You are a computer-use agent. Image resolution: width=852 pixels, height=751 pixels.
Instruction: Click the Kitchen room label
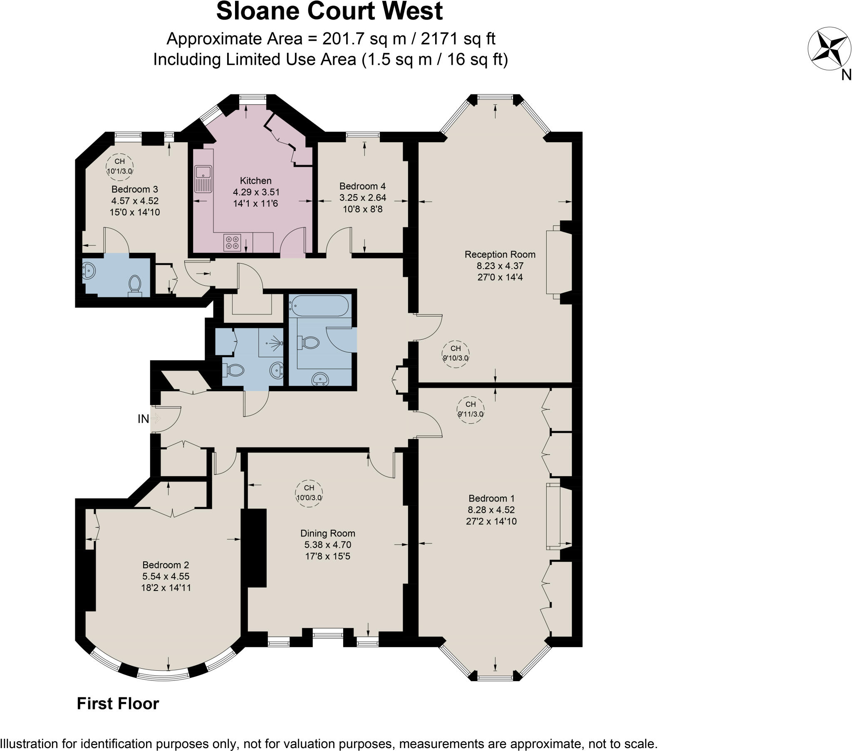[255, 181]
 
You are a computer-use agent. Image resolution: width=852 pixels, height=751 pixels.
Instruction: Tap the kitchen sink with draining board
[203, 179]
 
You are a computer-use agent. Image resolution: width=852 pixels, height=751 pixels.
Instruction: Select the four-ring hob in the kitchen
[232, 243]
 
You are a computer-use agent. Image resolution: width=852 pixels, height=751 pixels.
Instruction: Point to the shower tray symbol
[271, 343]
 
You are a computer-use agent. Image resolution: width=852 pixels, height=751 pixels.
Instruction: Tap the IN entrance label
[143, 419]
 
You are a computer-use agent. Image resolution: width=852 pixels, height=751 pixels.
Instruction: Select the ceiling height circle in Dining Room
[309, 493]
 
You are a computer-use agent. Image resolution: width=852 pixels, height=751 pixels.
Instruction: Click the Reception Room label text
[500, 254]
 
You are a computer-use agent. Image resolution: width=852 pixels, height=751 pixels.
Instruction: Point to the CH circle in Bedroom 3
[120, 166]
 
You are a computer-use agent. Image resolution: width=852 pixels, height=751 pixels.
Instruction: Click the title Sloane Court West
[329, 11]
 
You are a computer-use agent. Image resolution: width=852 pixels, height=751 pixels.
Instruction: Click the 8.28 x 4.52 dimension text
[491, 510]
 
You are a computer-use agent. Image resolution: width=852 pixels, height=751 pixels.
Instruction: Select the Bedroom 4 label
[362, 186]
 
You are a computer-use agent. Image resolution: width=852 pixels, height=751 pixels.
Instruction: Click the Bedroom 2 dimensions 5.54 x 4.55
[166, 576]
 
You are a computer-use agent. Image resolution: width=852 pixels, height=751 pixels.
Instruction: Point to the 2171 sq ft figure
[458, 39]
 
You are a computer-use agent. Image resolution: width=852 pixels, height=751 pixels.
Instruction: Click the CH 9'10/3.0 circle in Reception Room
[455, 353]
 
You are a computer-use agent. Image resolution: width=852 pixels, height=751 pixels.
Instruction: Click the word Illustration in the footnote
[29, 744]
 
